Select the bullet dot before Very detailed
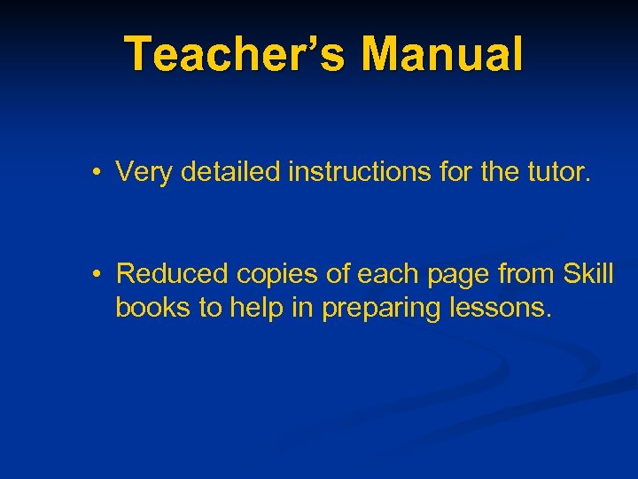94,171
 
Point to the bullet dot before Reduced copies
94,274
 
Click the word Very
144,171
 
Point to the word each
386,274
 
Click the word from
526,274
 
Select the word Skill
589,274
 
